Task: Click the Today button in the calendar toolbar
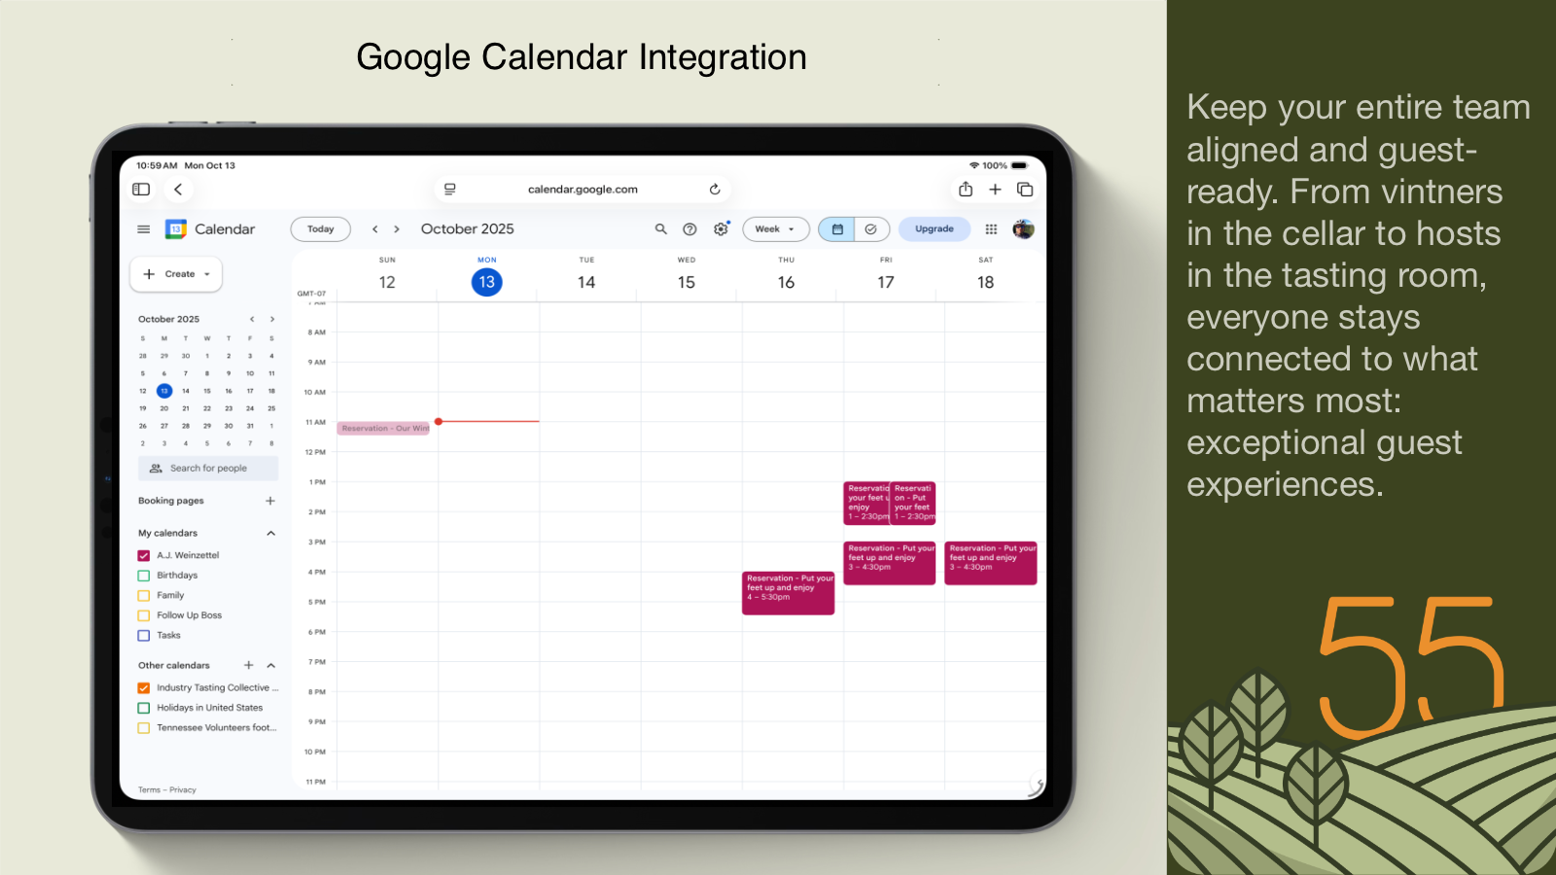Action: click(x=320, y=229)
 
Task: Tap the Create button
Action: click(x=176, y=274)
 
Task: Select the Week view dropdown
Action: click(x=775, y=229)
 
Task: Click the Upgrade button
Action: click(x=934, y=229)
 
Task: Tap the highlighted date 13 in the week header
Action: click(x=486, y=282)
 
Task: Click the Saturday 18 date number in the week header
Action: click(x=985, y=282)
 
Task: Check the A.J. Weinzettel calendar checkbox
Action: click(x=144, y=555)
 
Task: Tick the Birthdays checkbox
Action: click(x=144, y=576)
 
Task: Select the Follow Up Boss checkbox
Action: click(x=144, y=615)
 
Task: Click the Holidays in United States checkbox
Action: click(x=144, y=708)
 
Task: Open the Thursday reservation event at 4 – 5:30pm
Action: click(x=788, y=593)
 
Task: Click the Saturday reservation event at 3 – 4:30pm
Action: click(x=990, y=563)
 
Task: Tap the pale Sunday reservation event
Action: click(x=384, y=428)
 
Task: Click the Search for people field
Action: click(x=208, y=469)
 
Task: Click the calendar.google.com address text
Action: click(x=583, y=190)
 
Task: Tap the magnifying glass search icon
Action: click(x=660, y=229)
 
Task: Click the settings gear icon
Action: click(x=721, y=229)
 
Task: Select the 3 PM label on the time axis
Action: click(x=317, y=542)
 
